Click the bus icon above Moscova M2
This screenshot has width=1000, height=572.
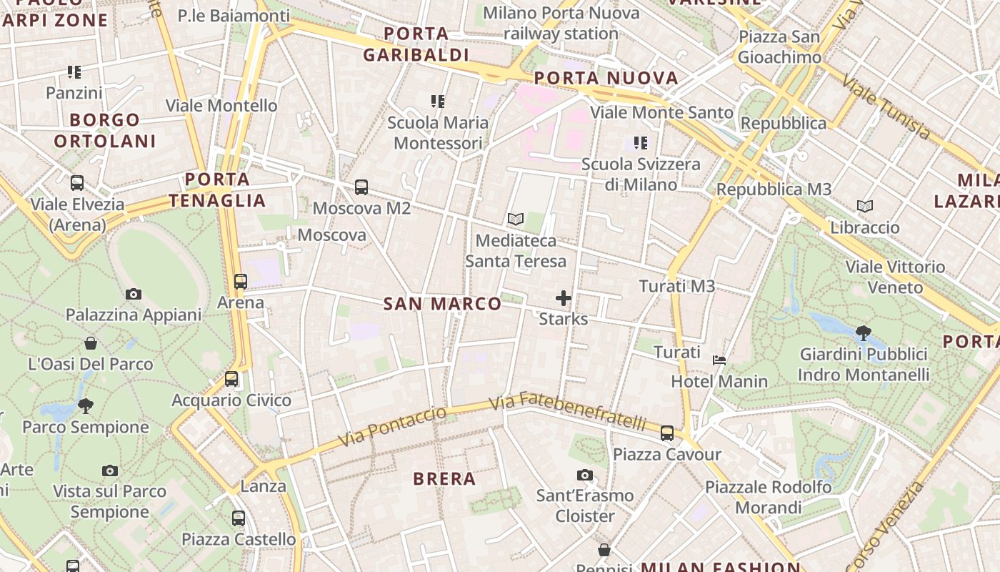tap(361, 187)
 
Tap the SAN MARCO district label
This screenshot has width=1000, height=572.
tap(442, 304)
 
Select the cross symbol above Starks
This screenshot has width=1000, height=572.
tap(564, 297)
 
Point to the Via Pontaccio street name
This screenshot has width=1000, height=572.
tap(392, 426)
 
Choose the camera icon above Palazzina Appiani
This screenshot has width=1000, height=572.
tap(133, 294)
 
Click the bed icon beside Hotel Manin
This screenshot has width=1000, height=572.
tap(719, 360)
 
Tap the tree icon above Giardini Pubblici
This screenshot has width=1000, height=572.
tap(863, 332)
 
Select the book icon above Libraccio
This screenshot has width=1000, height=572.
tap(865, 207)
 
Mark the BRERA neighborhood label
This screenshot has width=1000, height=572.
tap(444, 479)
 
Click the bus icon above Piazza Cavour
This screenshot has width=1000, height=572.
tap(666, 433)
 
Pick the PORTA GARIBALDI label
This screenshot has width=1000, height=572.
tap(416, 44)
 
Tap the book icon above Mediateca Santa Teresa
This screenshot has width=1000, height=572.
tap(515, 219)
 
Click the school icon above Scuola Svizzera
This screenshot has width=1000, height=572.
tap(640, 143)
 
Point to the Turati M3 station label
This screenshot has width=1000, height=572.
tap(676, 286)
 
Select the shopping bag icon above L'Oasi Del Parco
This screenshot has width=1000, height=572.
tap(91, 343)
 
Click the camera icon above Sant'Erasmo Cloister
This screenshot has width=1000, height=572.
tap(584, 475)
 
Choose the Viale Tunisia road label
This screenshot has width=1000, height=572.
tap(886, 107)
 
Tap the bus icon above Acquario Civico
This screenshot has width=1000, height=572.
tap(231, 379)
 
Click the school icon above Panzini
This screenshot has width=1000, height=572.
tap(74, 71)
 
